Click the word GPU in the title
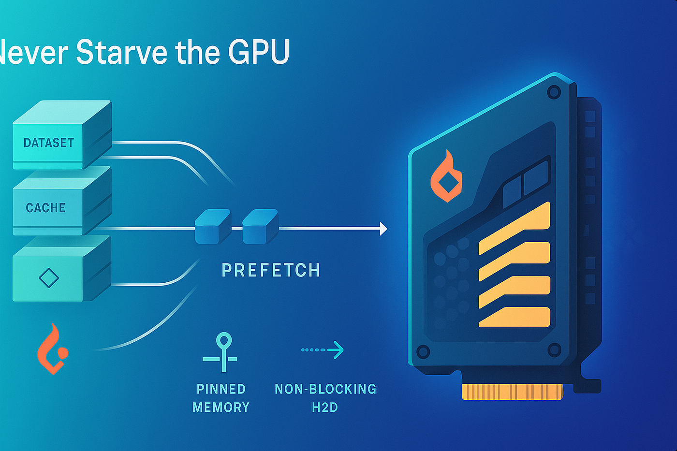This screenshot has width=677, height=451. (259, 52)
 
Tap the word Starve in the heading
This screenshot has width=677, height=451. (121, 52)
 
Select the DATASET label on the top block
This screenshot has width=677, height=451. (49, 143)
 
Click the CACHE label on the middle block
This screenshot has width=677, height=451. (45, 208)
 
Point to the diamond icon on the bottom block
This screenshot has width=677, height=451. (48, 278)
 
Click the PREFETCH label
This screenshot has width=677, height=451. (271, 270)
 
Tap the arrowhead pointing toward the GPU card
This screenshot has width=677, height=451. (383, 229)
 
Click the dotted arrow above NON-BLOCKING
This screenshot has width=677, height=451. (323, 349)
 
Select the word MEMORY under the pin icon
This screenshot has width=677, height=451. (221, 407)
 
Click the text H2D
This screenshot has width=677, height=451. (325, 407)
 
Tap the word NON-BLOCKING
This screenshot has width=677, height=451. (325, 389)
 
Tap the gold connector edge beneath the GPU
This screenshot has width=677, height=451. (512, 392)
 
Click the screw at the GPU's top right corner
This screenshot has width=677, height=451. (554, 91)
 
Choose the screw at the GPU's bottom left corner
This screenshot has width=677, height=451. (423, 351)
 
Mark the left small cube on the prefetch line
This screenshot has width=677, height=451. (212, 227)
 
